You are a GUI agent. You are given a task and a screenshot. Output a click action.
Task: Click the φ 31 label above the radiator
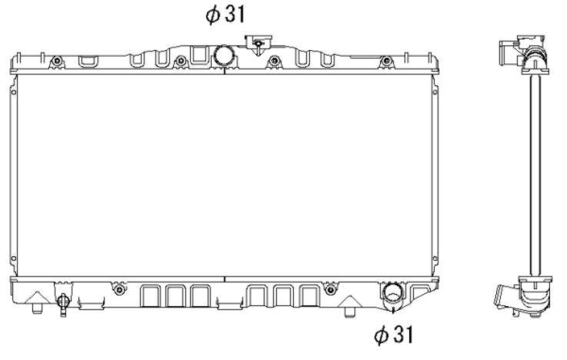225,15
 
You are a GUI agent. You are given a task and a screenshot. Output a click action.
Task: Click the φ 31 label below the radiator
393,334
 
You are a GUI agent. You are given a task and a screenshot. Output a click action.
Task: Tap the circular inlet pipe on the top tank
224,56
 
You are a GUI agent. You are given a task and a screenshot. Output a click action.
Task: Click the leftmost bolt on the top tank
57,60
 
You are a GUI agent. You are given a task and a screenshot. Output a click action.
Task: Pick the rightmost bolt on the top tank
387,60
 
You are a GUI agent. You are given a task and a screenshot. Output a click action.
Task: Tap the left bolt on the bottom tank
119,289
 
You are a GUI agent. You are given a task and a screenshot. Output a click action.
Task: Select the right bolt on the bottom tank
330,289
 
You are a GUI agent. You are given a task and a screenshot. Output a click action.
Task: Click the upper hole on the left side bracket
14,93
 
